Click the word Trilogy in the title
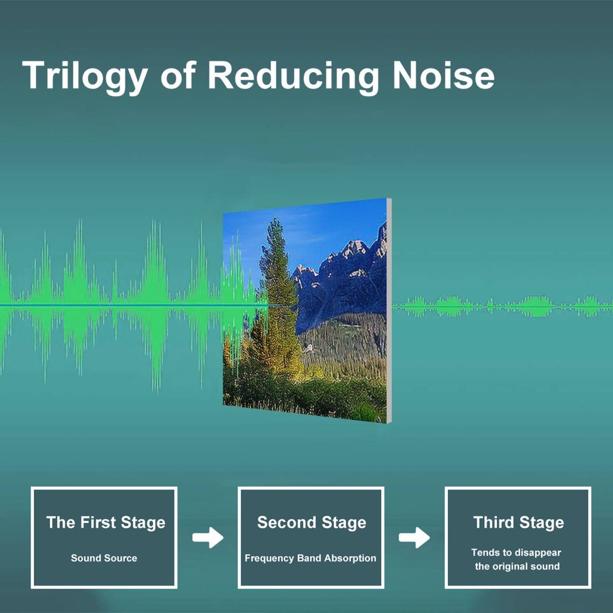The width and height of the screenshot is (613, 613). point(85,76)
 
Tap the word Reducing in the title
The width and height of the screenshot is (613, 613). point(293,76)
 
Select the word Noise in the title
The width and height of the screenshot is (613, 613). point(443,75)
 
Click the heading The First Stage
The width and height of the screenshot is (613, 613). point(106,523)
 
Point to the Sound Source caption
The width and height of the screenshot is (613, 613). point(104,558)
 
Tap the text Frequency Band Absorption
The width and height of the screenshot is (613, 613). point(310,558)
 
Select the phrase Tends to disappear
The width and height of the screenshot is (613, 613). point(516,553)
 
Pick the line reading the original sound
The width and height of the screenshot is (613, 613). point(517,566)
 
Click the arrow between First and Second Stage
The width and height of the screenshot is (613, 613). point(208,537)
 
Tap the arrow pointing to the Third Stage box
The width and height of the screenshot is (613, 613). point(414,537)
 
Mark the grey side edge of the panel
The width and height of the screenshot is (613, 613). point(389,311)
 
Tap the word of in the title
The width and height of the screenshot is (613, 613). point(178,75)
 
